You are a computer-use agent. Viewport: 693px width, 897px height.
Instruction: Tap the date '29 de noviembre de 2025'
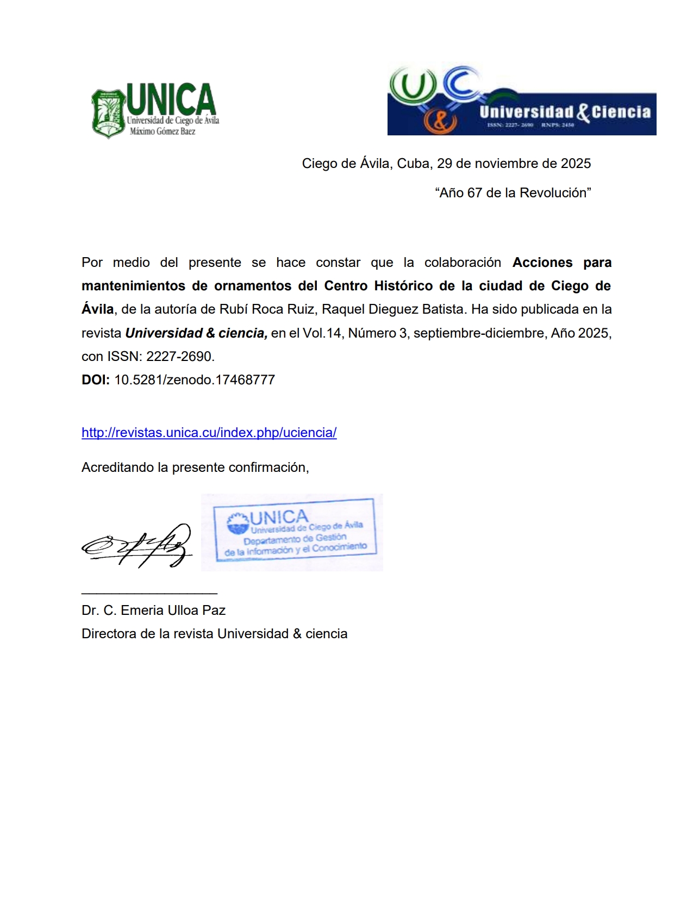tap(514, 164)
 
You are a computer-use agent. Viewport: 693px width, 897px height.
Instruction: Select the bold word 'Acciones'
tap(542, 263)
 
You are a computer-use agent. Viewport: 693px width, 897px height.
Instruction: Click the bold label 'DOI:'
tap(96, 380)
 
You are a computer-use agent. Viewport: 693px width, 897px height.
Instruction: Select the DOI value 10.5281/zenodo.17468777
tap(195, 380)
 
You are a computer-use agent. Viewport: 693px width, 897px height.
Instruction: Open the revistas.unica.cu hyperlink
tap(209, 433)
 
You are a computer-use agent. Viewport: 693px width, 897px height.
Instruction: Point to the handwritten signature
tap(137, 545)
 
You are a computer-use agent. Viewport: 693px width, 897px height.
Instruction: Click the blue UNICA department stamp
tap(293, 533)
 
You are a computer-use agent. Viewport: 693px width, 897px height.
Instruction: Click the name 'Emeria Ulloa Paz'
tap(173, 611)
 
